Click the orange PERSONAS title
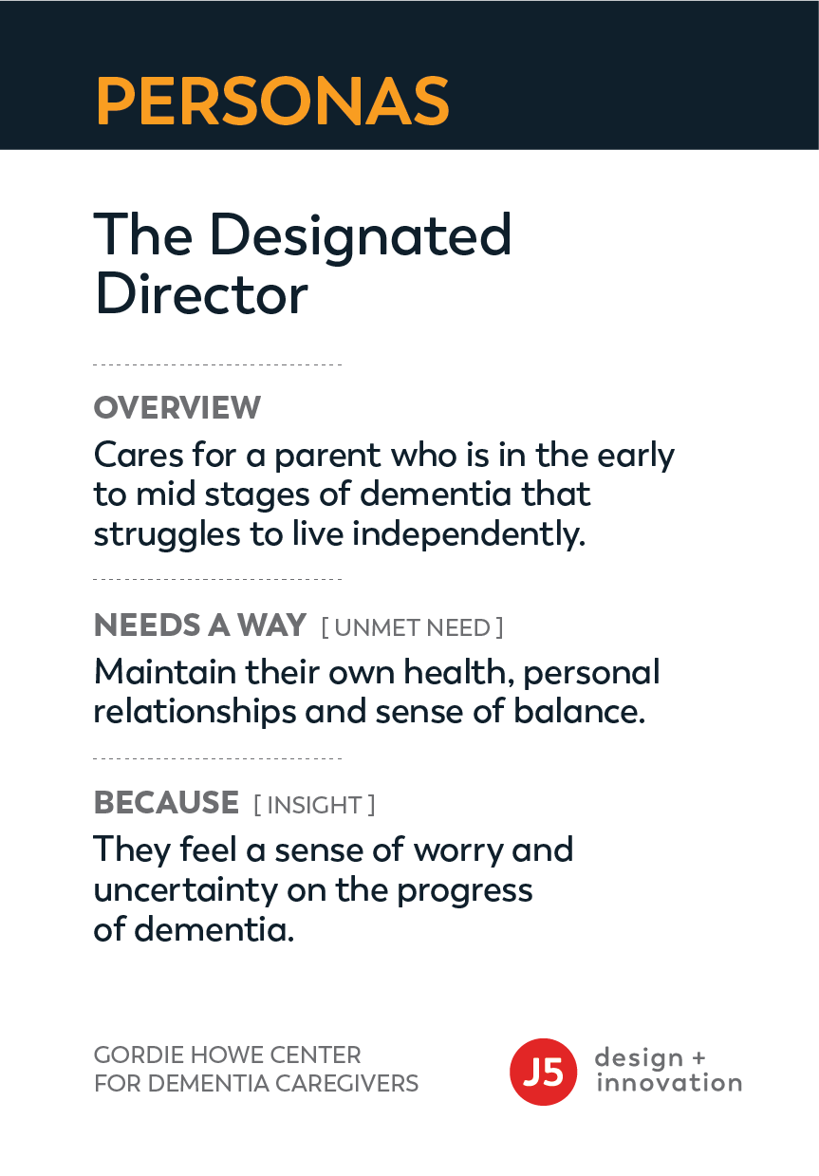tap(272, 101)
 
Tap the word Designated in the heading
tap(360, 235)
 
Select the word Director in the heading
tap(201, 294)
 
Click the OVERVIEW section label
tap(177, 407)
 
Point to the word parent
tap(327, 457)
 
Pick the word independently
tap(468, 535)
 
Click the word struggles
tap(167, 536)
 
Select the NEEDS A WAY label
tap(200, 625)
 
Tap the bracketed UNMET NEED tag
tap(412, 627)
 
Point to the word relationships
tap(195, 713)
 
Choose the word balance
tap(579, 712)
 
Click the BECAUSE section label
tap(166, 802)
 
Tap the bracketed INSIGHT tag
tap(314, 805)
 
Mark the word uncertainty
tap(186, 891)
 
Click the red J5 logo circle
tap(544, 1072)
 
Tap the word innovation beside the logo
tap(669, 1084)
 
